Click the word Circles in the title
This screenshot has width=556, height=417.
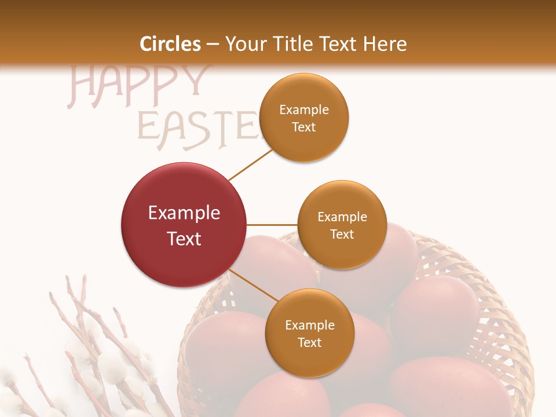[x=170, y=44]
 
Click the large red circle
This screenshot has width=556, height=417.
[x=184, y=225]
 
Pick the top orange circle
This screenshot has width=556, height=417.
[x=304, y=118]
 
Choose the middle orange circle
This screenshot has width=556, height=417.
[x=342, y=225]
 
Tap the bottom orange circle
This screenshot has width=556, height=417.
[x=309, y=333]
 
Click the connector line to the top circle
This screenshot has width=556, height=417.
[x=251, y=164]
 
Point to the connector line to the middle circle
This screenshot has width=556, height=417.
[x=272, y=225]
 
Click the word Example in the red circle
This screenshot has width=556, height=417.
[x=184, y=213]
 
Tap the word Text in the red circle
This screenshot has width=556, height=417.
[x=184, y=239]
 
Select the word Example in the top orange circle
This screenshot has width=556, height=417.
[x=304, y=110]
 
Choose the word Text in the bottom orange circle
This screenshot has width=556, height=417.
[x=309, y=342]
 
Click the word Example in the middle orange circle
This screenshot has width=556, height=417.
[x=342, y=217]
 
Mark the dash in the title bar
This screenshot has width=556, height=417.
[x=213, y=44]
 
